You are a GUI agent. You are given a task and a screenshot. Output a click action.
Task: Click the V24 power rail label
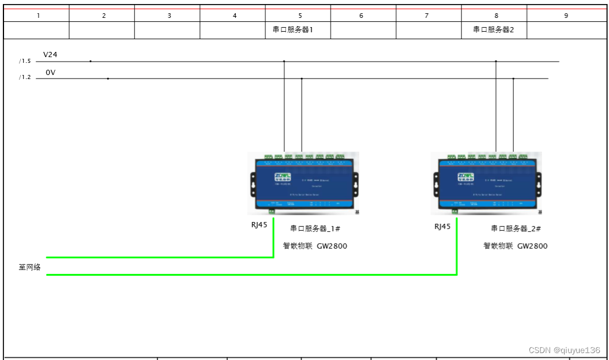tap(50, 55)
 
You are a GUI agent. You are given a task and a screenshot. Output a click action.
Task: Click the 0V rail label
tap(50, 72)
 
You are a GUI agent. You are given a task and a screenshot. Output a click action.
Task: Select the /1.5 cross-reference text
tap(24, 61)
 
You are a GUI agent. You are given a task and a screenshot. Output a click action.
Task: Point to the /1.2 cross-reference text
tap(24, 78)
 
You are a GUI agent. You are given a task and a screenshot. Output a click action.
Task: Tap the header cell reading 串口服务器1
tap(292, 30)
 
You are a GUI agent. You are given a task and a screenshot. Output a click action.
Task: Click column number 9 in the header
tap(566, 16)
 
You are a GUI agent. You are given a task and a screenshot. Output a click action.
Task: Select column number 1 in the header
tap(38, 16)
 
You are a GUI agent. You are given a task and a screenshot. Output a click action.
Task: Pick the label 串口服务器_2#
tap(516, 228)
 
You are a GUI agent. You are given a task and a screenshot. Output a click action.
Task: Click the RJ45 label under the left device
tap(259, 226)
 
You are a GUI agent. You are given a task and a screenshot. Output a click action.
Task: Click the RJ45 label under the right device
tap(442, 226)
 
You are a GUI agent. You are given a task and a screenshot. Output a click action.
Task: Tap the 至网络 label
tap(30, 267)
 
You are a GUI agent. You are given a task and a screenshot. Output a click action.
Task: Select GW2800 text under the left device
tap(332, 246)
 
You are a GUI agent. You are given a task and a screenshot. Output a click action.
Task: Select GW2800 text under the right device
tap(532, 246)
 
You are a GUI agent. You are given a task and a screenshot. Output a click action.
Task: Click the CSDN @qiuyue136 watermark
tap(565, 350)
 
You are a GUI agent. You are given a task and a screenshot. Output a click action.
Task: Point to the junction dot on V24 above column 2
tap(91, 61)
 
